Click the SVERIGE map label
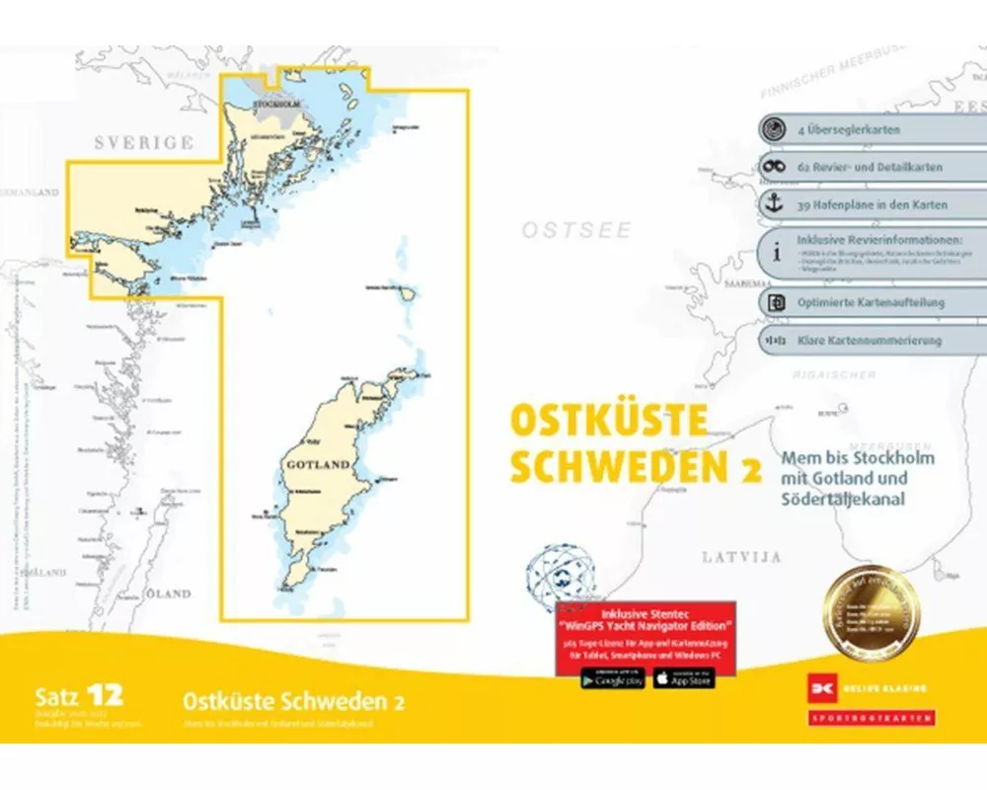[144, 143]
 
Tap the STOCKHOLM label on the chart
[275, 105]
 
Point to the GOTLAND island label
[318, 464]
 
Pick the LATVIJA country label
[741, 557]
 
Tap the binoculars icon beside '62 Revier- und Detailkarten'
[776, 167]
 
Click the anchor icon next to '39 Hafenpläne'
[776, 204]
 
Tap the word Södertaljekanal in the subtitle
[842, 499]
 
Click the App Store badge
[683, 678]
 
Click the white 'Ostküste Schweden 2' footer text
[293, 702]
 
